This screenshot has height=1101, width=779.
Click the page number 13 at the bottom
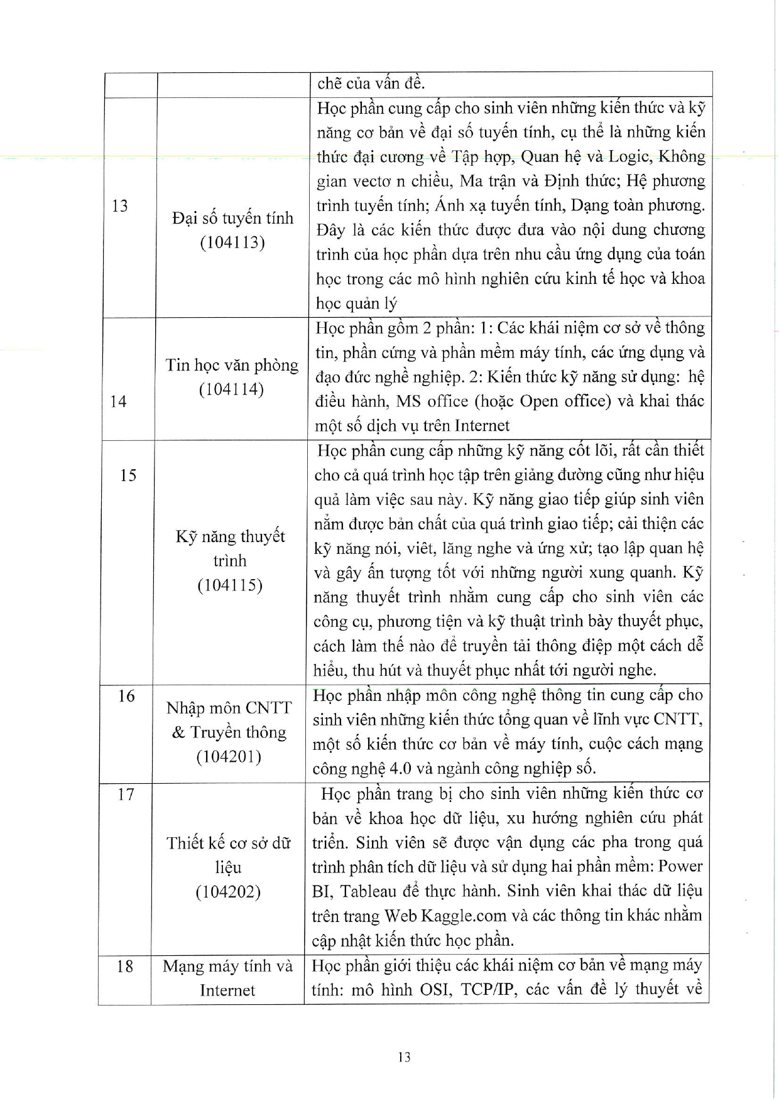click(404, 1057)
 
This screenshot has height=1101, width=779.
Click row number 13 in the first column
click(119, 206)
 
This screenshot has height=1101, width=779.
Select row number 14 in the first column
click(118, 401)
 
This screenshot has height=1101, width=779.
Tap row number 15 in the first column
click(128, 475)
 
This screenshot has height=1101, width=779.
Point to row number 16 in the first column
click(126, 696)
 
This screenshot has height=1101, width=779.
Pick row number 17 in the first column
click(126, 795)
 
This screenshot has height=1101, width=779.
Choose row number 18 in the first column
click(125, 966)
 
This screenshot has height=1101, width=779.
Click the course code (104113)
click(232, 242)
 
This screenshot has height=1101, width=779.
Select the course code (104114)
click(231, 389)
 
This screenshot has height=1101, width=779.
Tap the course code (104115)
click(229, 585)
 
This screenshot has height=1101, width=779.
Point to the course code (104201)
click(229, 757)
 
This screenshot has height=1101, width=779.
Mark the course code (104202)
click(227, 892)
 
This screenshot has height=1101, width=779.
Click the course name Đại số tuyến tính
click(232, 218)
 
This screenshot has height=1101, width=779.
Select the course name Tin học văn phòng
click(232, 365)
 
